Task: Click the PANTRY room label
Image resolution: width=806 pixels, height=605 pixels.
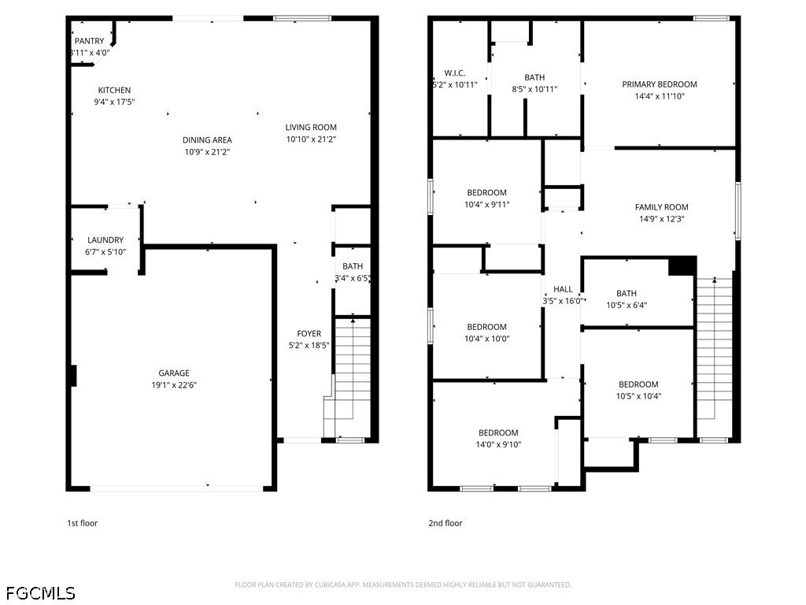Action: pos(90,41)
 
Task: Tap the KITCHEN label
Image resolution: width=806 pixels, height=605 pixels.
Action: pos(114,90)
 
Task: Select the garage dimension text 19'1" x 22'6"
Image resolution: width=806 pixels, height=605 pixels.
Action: pos(174,384)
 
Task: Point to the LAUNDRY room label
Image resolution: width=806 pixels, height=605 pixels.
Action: pos(105,239)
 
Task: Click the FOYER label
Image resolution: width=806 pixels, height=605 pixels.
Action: pos(309,333)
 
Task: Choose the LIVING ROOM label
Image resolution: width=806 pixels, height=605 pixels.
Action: pos(311,127)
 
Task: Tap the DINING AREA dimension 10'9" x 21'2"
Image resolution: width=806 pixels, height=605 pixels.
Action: pos(207,152)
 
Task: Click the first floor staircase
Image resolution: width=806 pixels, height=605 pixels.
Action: pos(347,377)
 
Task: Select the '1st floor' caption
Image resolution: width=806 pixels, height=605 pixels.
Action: pos(82,523)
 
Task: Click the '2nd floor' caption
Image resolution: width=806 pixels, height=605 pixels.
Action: pos(446,523)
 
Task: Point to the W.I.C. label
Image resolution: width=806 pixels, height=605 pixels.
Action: pos(455,73)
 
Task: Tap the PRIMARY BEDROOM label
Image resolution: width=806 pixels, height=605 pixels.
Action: pos(660,84)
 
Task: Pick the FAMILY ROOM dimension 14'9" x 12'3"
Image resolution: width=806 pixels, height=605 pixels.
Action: pos(661,219)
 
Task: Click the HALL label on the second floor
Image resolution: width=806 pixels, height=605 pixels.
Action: pos(563,289)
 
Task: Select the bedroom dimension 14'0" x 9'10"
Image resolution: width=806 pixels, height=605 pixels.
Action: pos(498,444)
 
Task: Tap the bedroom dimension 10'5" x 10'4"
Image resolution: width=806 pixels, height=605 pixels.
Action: pos(638,396)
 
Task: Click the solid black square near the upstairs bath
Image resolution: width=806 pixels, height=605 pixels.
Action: pos(682,266)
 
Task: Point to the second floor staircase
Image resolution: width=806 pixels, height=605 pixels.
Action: pos(714,355)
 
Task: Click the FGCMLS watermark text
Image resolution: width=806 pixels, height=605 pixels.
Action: pos(41,593)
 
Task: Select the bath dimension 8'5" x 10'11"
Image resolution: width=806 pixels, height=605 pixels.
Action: pos(534,89)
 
